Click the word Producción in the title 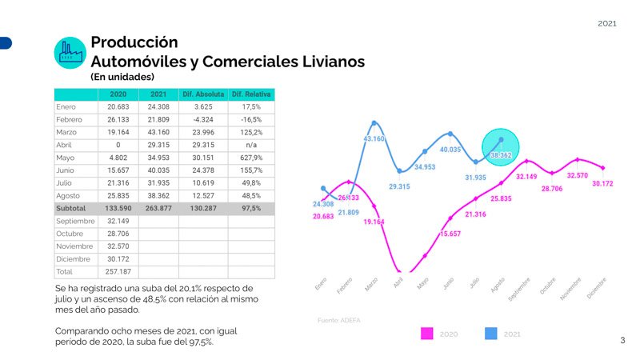(134, 42)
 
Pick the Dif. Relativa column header (251, 94)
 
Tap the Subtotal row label (71, 208)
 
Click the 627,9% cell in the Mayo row (251, 158)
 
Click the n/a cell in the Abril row (251, 145)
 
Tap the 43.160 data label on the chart (374, 139)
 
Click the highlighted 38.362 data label (501, 154)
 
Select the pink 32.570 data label (577, 175)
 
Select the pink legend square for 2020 (426, 334)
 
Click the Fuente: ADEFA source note (339, 320)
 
